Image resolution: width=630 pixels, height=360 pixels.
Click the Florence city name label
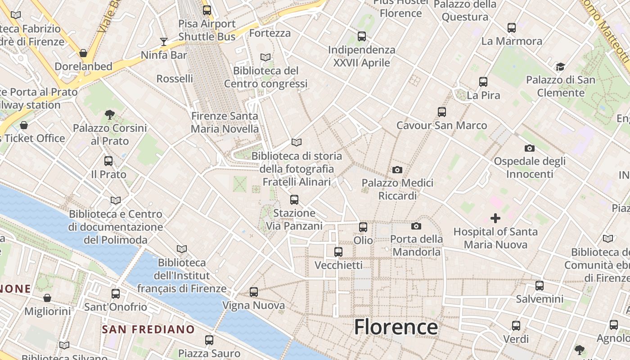(396, 327)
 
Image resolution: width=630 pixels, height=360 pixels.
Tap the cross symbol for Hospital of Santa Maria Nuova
(495, 219)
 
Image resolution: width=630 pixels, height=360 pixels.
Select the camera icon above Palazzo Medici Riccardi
(397, 170)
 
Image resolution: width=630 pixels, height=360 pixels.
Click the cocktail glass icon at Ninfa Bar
(164, 42)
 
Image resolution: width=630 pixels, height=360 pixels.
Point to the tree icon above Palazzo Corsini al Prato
(109, 115)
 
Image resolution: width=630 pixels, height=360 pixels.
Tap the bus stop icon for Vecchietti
(338, 252)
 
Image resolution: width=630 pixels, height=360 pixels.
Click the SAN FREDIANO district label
(148, 329)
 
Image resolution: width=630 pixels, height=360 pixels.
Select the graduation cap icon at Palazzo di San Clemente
(560, 67)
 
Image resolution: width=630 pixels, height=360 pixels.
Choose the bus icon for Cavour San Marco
(442, 112)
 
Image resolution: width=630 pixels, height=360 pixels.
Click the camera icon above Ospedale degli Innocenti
(530, 148)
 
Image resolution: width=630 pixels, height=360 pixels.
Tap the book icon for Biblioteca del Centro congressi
(265, 58)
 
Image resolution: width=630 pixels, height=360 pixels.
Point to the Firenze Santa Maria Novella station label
(225, 122)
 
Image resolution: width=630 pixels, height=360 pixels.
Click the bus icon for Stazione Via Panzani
(294, 199)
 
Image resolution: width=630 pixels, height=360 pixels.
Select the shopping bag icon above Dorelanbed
(83, 53)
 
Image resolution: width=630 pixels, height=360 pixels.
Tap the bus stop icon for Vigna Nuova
(254, 292)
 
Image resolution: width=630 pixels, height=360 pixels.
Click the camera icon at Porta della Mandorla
(416, 226)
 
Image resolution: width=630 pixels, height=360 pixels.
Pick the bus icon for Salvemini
(540, 285)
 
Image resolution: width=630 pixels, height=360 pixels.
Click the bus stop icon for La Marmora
(512, 28)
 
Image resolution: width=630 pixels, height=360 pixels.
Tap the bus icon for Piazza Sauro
(209, 340)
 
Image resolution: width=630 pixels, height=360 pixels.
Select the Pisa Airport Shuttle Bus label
(207, 30)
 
